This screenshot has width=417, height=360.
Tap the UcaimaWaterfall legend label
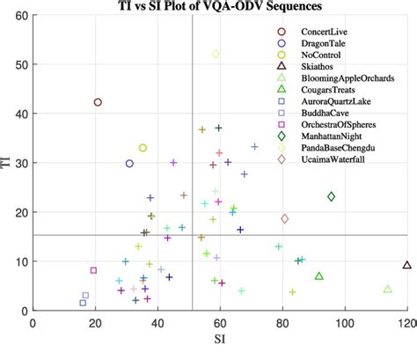[316, 158]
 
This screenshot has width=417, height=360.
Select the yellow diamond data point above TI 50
[216, 54]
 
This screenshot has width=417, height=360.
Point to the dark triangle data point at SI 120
[406, 265]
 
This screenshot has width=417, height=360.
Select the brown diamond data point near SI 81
[284, 218]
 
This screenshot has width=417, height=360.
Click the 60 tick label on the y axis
[19, 16]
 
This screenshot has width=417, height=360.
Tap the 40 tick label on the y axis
[19, 114]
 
